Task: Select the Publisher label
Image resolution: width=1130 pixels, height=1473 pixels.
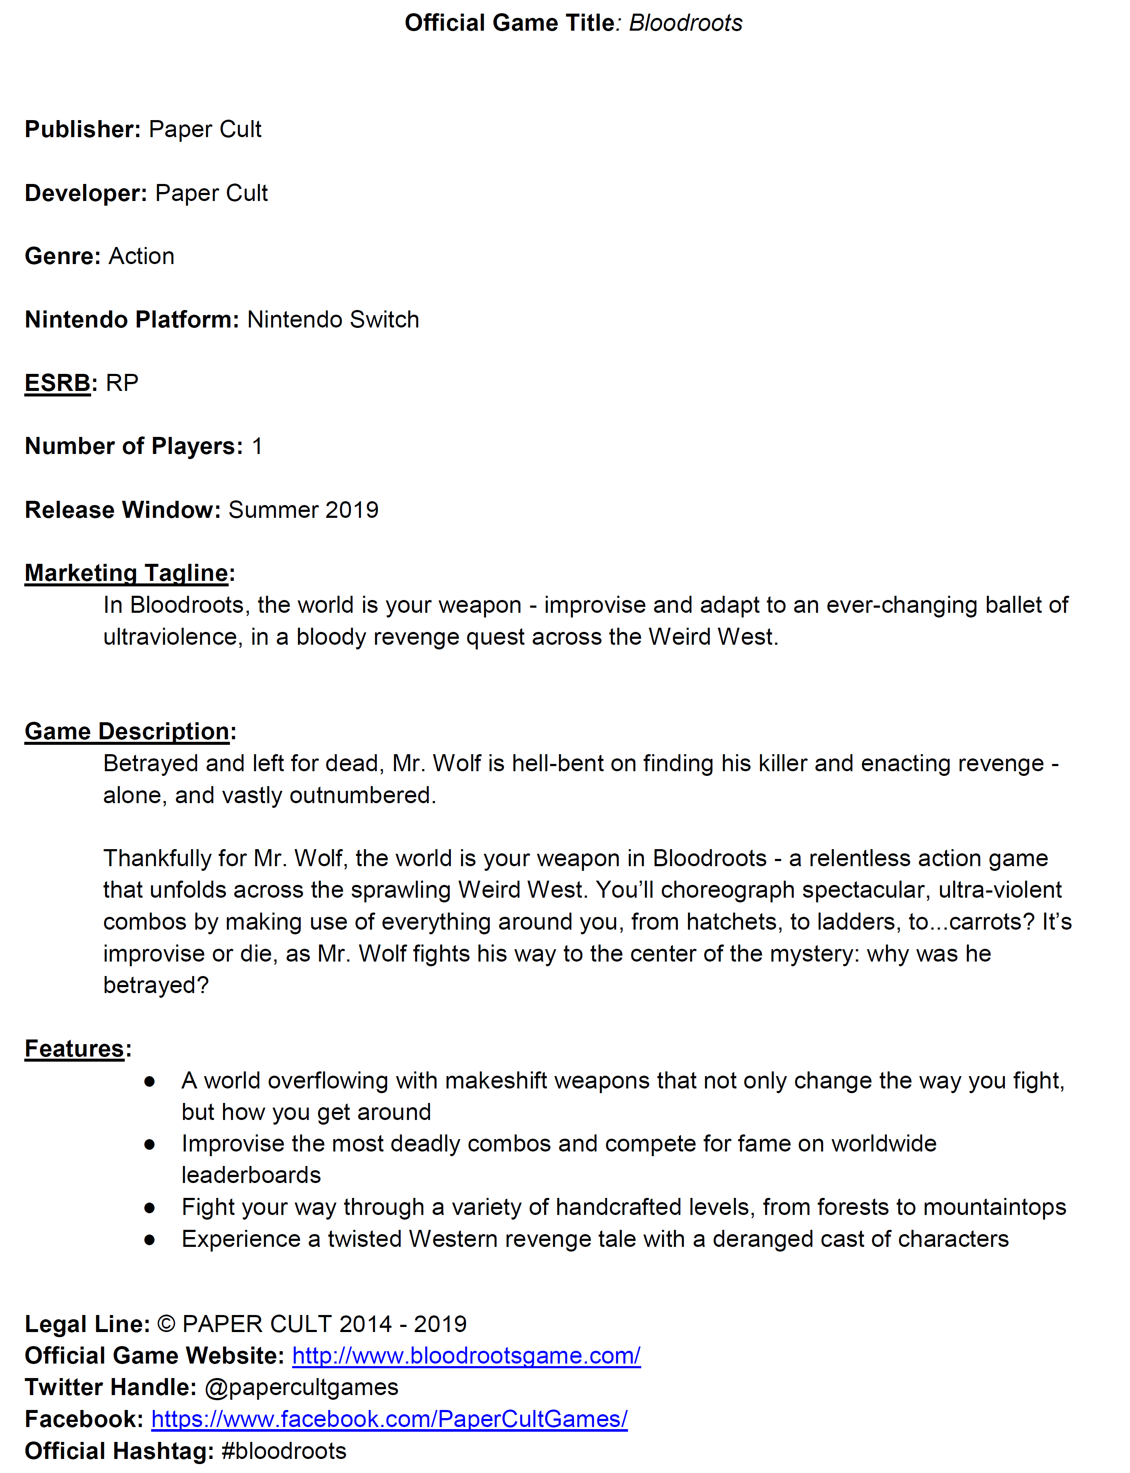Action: [83, 129]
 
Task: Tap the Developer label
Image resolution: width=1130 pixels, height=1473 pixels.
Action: [86, 193]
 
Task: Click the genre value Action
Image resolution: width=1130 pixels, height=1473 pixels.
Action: [141, 256]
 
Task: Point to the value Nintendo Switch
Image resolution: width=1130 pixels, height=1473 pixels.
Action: [333, 319]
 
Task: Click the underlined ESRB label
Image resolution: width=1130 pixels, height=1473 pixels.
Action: [57, 383]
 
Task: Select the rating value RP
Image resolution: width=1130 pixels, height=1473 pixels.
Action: [123, 383]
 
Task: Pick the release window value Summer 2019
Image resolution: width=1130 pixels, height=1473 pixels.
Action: [303, 510]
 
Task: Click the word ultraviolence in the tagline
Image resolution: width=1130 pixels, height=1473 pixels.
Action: [172, 637]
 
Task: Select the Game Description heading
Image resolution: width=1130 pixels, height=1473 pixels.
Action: [127, 731]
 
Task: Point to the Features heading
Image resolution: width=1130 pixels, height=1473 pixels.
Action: [74, 1048]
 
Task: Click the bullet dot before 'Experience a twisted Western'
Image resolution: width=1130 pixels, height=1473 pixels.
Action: [149, 1240]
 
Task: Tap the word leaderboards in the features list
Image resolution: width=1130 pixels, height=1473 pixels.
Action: [251, 1175]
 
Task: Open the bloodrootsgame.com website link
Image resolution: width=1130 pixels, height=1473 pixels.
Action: [466, 1356]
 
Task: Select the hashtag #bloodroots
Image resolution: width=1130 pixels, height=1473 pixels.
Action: [284, 1451]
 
